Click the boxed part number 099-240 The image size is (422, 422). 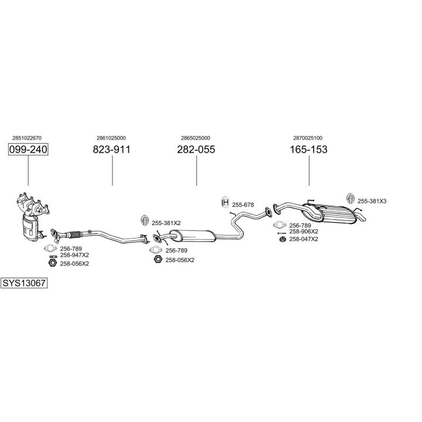coord(28,150)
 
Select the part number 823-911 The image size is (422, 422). coord(111,150)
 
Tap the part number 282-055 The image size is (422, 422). coord(196,150)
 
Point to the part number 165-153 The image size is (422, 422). coord(308,150)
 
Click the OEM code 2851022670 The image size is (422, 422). coord(27,138)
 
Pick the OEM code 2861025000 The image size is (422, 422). coord(111,138)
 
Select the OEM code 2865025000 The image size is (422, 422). coord(196,138)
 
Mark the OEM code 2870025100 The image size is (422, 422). coord(308,138)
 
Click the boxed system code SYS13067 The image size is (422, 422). coord(23,283)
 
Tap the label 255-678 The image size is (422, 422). coord(243,205)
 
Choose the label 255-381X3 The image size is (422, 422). coord(372,201)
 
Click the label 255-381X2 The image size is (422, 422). coord(166,223)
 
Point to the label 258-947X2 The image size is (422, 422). coord(74,255)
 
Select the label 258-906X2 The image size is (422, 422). coord(304,232)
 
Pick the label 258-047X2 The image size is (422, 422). coord(304,239)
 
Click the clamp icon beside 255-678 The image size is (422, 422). coord(224,203)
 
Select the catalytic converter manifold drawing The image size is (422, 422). coord(29,217)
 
